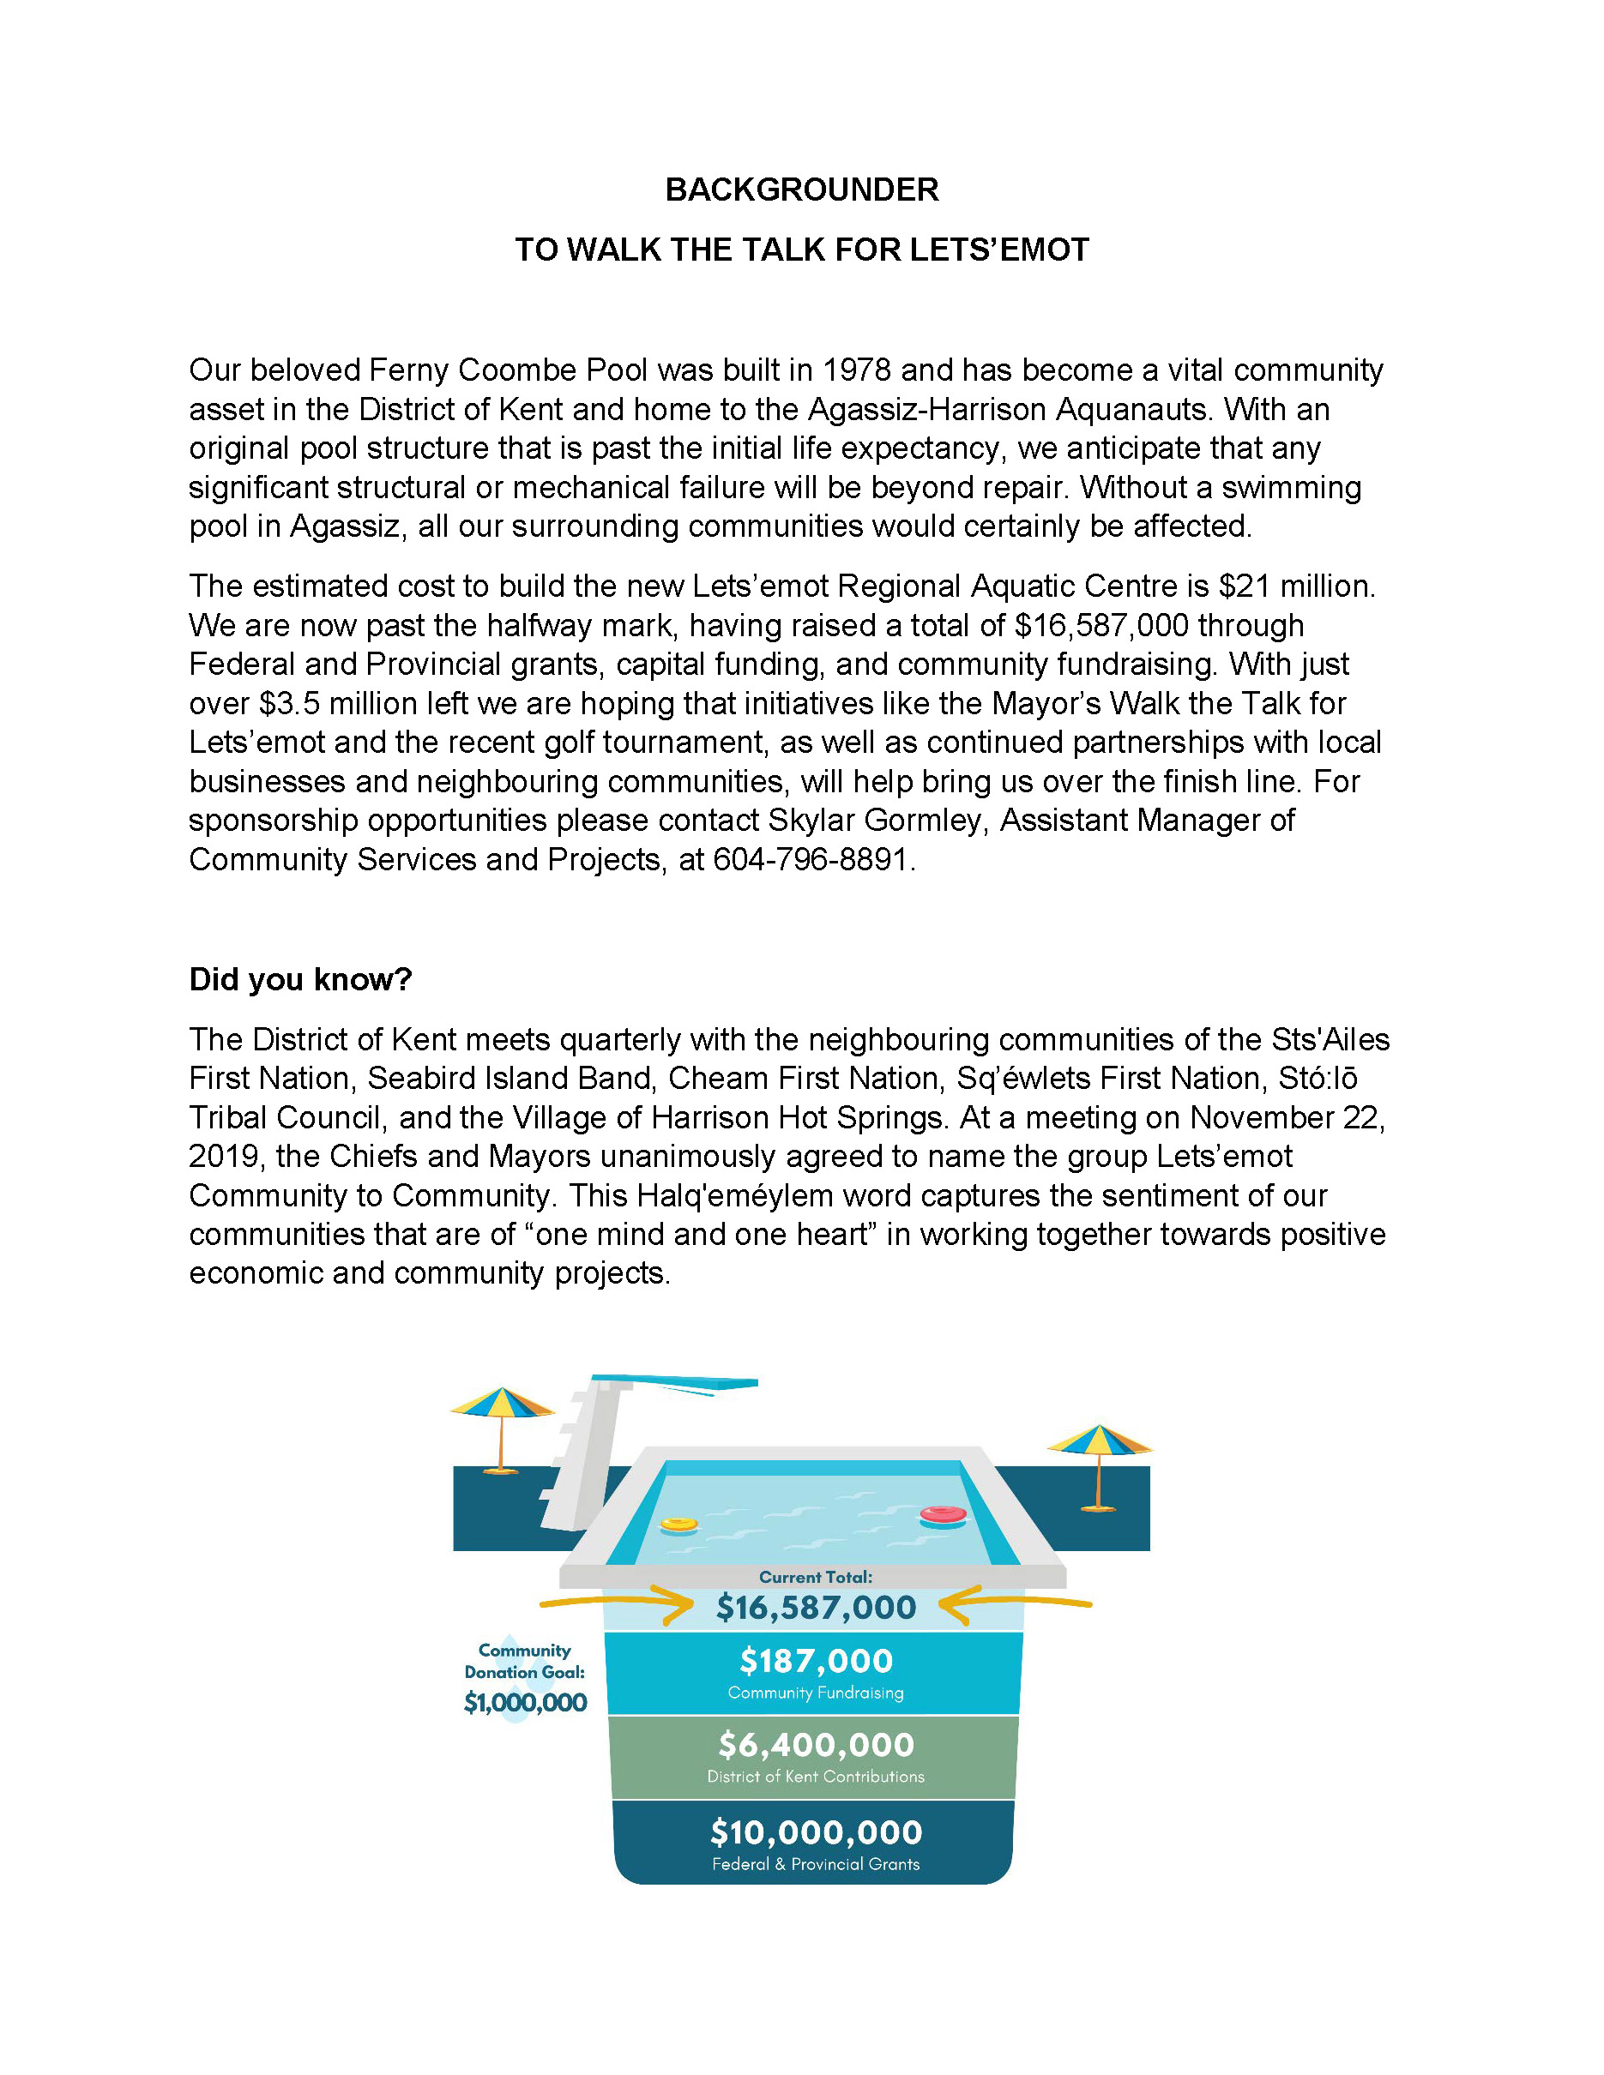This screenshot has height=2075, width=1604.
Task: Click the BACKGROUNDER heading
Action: [801, 190]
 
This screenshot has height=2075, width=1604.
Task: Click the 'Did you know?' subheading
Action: [300, 979]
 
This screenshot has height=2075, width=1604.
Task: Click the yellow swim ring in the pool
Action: [678, 1525]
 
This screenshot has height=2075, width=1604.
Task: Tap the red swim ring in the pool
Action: [943, 1515]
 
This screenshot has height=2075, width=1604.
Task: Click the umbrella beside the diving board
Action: [501, 1406]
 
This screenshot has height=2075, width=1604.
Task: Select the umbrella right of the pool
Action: [1100, 1443]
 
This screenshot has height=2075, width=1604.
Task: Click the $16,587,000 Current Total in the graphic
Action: [816, 1608]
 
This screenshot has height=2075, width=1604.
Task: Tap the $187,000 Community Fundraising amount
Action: [816, 1661]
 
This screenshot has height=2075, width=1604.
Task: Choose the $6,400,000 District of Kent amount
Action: [816, 1746]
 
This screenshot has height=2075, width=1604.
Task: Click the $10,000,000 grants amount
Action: [816, 1832]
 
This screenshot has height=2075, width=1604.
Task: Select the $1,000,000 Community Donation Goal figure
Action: [525, 1703]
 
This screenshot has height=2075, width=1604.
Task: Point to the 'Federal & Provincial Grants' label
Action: [816, 1864]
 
